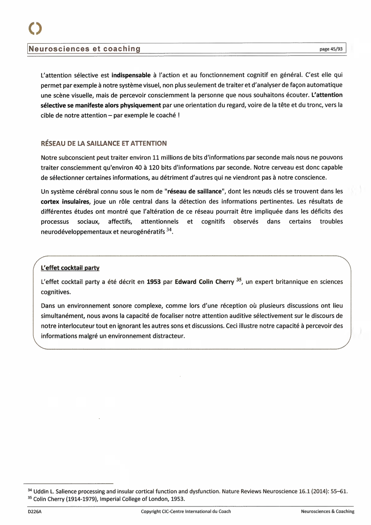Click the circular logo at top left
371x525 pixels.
[x=35, y=28]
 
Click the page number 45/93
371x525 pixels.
[x=331, y=49]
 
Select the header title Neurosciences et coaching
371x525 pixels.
[x=84, y=49]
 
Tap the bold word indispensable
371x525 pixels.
[x=131, y=75]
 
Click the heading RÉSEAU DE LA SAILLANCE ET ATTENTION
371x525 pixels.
[x=104, y=143]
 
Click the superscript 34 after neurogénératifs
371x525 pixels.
[x=169, y=230]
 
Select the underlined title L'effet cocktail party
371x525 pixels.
[x=70, y=268]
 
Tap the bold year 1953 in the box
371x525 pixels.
[x=154, y=282]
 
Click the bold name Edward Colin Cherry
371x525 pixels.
[x=204, y=282]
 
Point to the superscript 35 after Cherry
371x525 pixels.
[x=239, y=280]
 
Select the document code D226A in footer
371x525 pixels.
[x=35, y=512]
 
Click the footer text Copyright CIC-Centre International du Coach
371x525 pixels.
[x=186, y=512]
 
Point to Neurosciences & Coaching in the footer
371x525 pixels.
[x=328, y=512]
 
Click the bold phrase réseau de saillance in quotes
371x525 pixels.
[x=194, y=192]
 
